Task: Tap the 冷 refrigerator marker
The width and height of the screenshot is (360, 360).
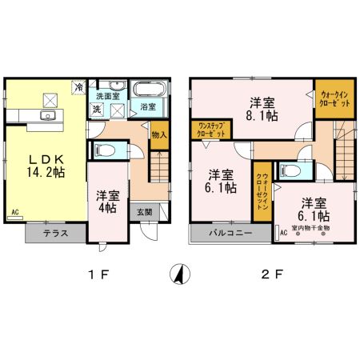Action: (x=79, y=86)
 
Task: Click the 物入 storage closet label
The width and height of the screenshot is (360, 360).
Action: (x=158, y=134)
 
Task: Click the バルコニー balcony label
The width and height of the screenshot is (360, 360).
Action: (x=231, y=234)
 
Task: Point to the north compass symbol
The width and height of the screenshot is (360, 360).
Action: (x=180, y=274)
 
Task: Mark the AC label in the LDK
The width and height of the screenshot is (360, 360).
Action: (x=14, y=213)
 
